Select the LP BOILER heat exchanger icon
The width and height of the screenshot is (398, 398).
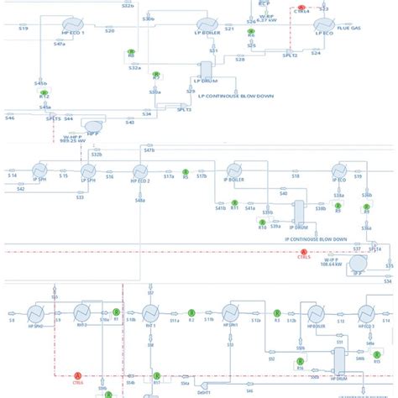point(205,26)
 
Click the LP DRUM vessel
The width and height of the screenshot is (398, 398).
point(206,72)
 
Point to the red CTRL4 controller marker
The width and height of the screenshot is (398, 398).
point(302,8)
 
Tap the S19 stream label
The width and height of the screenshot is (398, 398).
point(23,29)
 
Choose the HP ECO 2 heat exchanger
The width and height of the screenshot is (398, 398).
point(140,172)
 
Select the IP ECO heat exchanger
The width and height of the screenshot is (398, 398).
point(339,172)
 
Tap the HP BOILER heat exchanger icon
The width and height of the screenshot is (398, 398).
point(316,314)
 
